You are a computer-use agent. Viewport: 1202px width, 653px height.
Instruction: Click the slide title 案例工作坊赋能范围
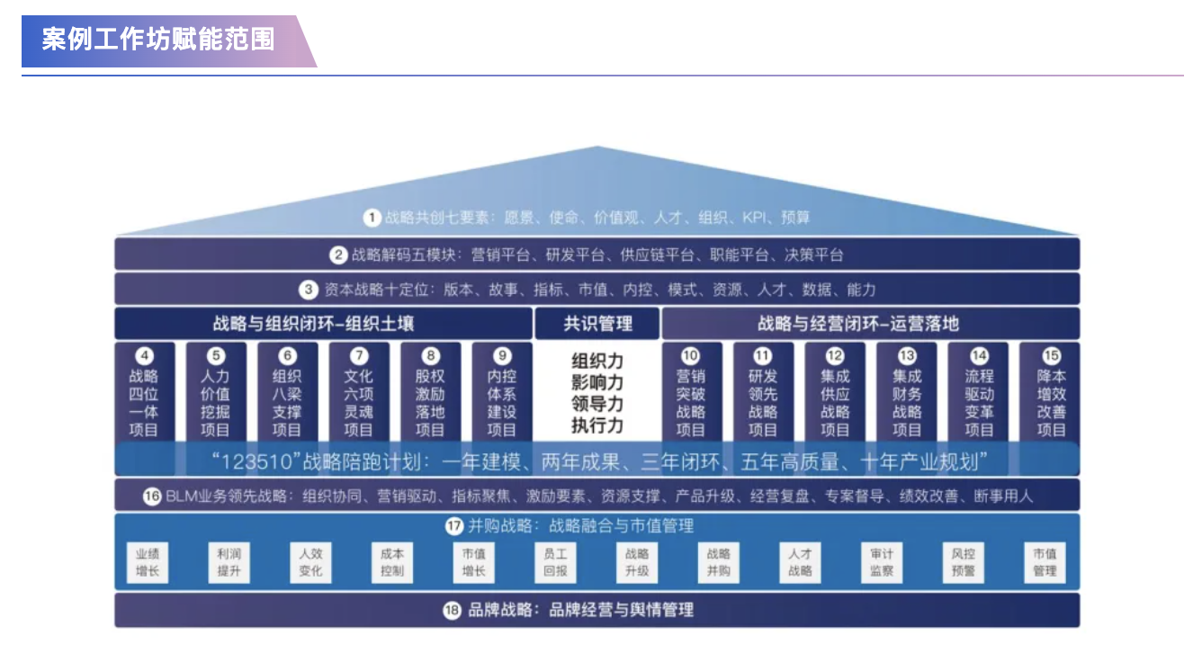pyautogui.click(x=158, y=40)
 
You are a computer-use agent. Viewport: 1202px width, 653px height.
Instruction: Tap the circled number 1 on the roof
pyautogui.click(x=372, y=218)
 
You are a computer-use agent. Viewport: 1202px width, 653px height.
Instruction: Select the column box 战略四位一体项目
pyautogui.click(x=144, y=393)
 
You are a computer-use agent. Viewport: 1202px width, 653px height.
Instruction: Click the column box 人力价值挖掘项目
pyautogui.click(x=215, y=393)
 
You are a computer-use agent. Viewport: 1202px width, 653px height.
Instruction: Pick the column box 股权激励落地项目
pyautogui.click(x=430, y=393)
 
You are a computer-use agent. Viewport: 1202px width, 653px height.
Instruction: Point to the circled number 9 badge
pyautogui.click(x=502, y=356)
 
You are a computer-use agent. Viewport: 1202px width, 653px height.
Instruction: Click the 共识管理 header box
pyautogui.click(x=597, y=324)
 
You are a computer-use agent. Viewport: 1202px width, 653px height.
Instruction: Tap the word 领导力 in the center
pyautogui.click(x=597, y=403)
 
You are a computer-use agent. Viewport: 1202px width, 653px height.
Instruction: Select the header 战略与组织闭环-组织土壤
pyautogui.click(x=313, y=324)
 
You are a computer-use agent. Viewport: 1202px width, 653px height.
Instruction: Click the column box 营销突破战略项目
pyautogui.click(x=691, y=393)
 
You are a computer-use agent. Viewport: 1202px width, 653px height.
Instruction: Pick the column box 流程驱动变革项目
pyautogui.click(x=979, y=393)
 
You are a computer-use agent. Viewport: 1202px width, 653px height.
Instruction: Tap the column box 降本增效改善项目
pyautogui.click(x=1051, y=393)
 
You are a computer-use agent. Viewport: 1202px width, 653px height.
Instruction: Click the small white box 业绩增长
pyautogui.click(x=148, y=563)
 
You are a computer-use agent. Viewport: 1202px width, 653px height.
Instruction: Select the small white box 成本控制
pyautogui.click(x=392, y=563)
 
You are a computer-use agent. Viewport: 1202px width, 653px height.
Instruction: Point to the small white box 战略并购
pyautogui.click(x=719, y=563)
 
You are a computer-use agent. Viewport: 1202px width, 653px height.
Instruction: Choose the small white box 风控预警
pyautogui.click(x=964, y=563)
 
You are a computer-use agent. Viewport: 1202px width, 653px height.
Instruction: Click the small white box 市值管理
pyautogui.click(x=1045, y=563)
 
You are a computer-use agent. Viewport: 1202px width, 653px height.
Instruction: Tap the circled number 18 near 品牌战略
pyautogui.click(x=453, y=611)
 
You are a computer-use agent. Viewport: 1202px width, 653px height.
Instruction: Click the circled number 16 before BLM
pyautogui.click(x=152, y=496)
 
